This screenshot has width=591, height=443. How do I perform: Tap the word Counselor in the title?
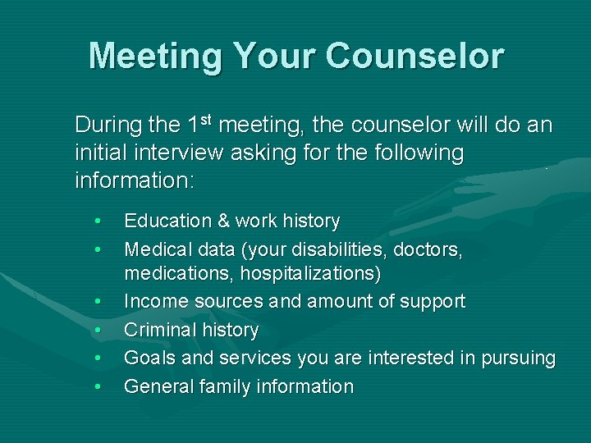[415, 56]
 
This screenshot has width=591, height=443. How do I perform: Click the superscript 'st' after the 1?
[207, 121]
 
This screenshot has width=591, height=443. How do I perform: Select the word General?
[158, 386]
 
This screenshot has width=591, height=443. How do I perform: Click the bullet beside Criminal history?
[98, 331]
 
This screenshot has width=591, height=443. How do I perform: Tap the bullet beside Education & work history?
[98, 221]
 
